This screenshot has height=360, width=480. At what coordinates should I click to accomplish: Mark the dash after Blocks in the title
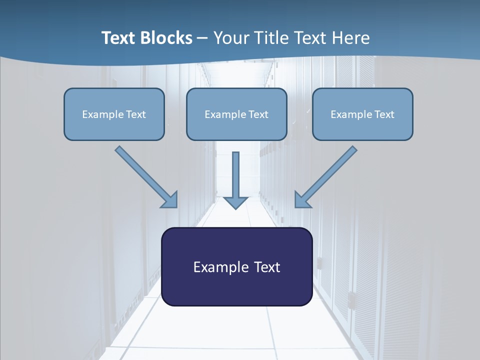click(202, 38)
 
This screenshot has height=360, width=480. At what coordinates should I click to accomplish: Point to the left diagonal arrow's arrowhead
click(170, 200)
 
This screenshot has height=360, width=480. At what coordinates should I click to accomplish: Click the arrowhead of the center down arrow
click(235, 202)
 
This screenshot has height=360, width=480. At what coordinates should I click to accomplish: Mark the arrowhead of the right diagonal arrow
click(302, 200)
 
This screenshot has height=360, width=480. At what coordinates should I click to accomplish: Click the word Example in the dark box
click(214, 267)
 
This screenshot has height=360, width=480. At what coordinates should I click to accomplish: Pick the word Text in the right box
click(384, 114)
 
